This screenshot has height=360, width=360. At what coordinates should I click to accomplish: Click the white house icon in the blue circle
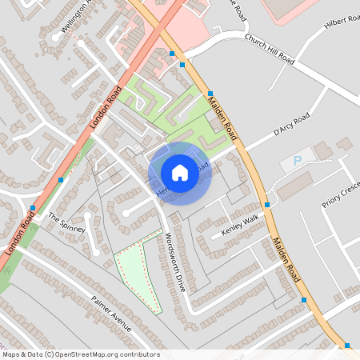[180, 172]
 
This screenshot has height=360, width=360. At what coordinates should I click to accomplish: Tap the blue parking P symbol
[298, 161]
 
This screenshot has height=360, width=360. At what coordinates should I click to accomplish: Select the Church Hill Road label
[270, 50]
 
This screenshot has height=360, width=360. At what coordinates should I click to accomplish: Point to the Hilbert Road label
[342, 28]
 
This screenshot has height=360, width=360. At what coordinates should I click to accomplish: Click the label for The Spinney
[66, 223]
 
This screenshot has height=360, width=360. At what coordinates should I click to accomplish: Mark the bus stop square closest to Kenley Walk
[267, 205]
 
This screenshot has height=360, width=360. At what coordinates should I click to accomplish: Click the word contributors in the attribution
[138, 354]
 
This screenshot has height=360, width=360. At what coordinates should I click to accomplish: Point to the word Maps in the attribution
[12, 354]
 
